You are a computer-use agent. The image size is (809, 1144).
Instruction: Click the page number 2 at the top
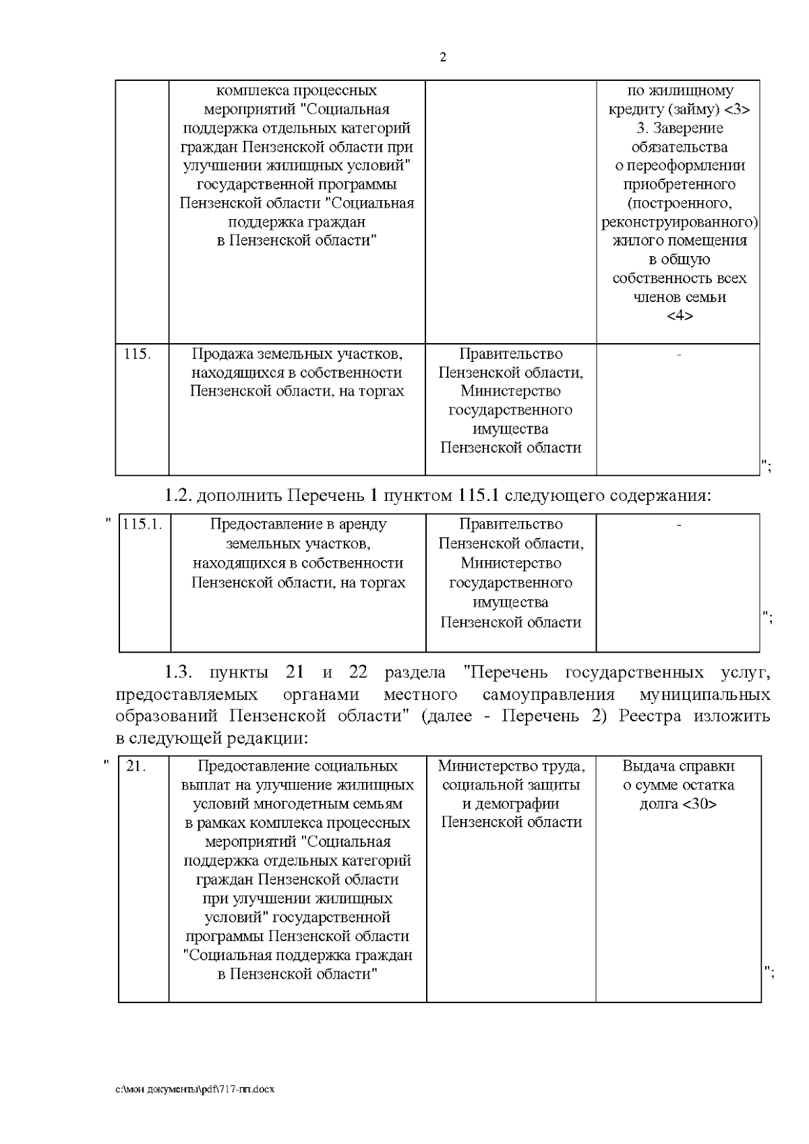[x=443, y=58]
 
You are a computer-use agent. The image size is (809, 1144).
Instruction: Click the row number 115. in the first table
[x=137, y=354]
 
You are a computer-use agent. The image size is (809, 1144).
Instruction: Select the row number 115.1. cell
[x=142, y=524]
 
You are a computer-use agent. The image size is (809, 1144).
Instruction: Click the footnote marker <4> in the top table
[x=679, y=316]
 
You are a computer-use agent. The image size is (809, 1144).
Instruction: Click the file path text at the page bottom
[x=195, y=1089]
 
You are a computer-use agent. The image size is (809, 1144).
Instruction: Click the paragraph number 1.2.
[x=179, y=496]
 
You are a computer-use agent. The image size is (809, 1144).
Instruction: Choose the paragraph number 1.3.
[x=179, y=673]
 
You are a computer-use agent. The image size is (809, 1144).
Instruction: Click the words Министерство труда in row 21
[x=511, y=766]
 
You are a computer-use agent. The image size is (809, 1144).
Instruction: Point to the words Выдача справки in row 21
[x=678, y=766]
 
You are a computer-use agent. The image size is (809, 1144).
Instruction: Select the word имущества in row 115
[x=510, y=429]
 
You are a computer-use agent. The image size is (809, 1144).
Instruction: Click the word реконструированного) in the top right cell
[x=680, y=222]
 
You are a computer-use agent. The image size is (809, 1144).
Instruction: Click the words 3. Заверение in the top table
[x=679, y=128]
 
